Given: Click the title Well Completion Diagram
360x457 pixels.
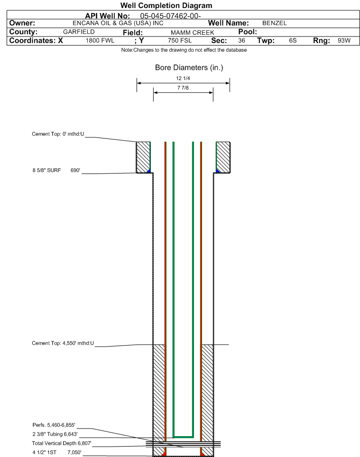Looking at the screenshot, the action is click(x=166, y=6).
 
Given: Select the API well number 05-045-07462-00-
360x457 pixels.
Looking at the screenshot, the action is click(x=170, y=16).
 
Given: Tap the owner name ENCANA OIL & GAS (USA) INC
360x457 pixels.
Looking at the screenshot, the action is click(x=118, y=23).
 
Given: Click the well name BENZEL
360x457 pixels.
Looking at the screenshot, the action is click(x=274, y=23).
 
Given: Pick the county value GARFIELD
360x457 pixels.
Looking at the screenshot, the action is click(x=79, y=32).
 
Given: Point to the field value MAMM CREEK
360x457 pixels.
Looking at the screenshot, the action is click(x=193, y=32).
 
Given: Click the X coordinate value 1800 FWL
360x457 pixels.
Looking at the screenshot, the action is click(x=100, y=40).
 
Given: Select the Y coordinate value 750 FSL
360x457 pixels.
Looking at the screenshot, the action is click(x=180, y=40).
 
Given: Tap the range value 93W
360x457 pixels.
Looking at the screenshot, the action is click(x=344, y=40).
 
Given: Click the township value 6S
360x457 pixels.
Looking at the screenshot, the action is click(x=293, y=40).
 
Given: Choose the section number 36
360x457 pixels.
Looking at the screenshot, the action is click(x=241, y=40).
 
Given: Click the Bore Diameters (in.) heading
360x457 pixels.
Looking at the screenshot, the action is click(x=189, y=68).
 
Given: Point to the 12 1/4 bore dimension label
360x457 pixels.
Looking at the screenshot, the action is click(x=183, y=78).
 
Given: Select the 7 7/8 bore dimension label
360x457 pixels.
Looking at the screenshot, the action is click(x=183, y=88).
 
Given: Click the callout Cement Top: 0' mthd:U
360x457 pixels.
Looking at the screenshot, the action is click(x=58, y=134).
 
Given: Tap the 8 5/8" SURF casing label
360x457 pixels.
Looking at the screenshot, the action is click(x=46, y=170).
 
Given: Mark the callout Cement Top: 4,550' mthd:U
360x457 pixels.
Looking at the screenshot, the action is click(x=63, y=343).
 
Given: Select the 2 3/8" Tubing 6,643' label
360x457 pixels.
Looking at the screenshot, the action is click(x=55, y=434).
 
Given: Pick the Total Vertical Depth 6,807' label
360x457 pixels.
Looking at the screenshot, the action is click(x=62, y=443).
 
